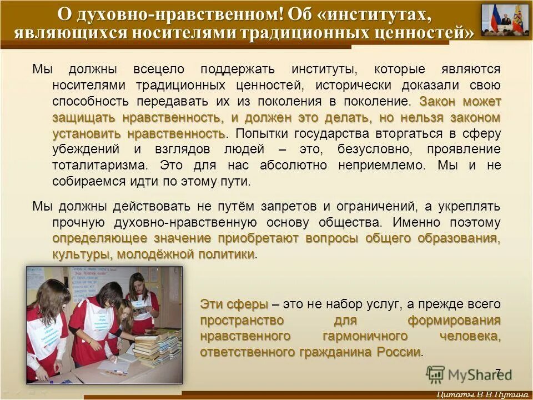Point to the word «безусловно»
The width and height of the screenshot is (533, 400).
coord(371,150)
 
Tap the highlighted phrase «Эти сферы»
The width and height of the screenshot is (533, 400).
coord(234,304)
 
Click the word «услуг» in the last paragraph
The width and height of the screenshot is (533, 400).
coord(382,304)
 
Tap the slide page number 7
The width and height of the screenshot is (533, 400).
coord(497,373)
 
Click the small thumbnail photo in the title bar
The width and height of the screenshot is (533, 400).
coord(505,20)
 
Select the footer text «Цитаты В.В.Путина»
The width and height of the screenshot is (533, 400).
coord(481,394)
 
